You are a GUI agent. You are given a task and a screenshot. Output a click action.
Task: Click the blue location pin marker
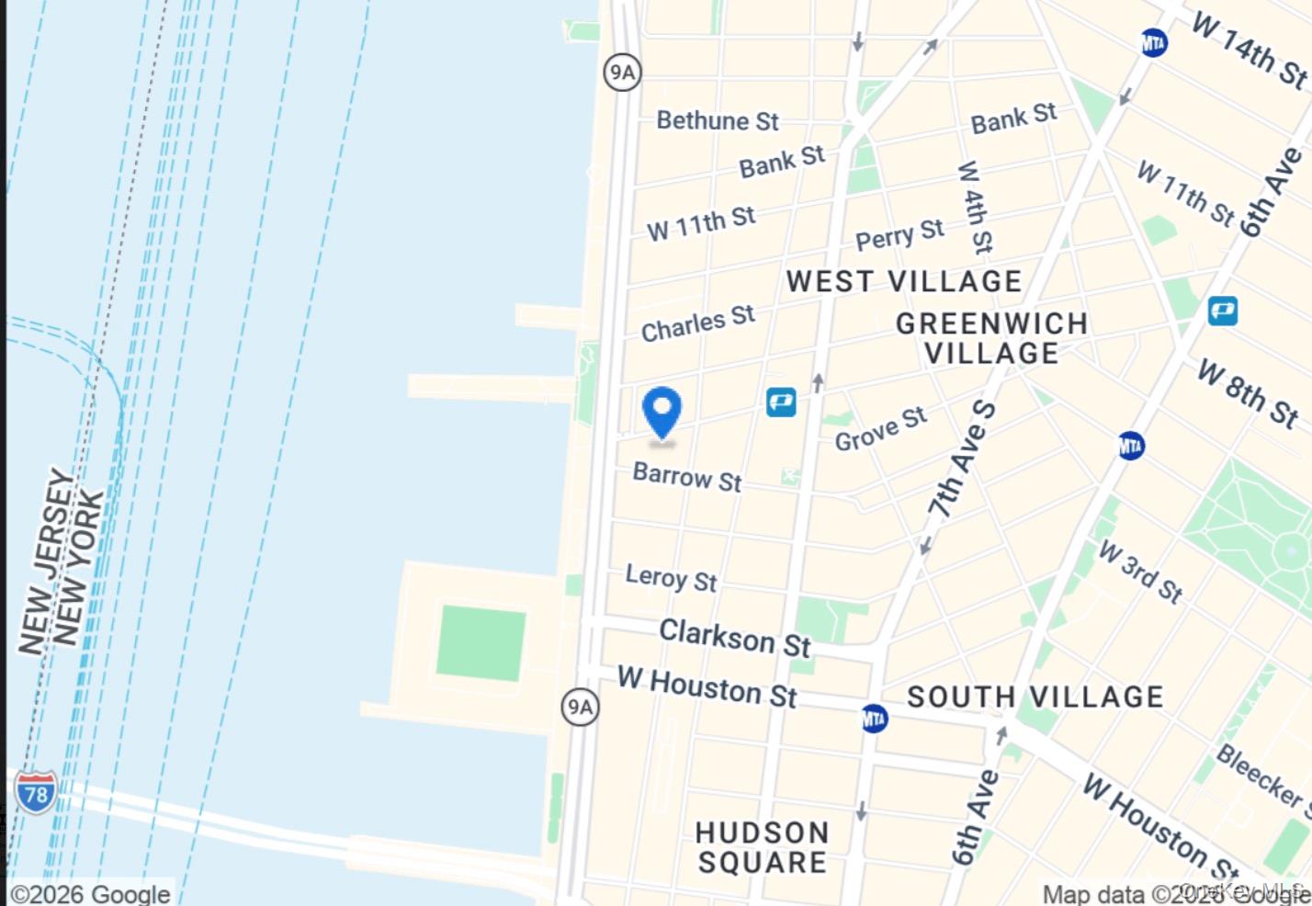[662, 411]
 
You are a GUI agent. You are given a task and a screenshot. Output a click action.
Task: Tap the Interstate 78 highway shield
[35, 792]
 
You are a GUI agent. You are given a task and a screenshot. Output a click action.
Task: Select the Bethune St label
[717, 120]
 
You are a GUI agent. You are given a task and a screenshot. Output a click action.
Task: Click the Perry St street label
[899, 234]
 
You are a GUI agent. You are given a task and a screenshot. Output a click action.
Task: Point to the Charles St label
[697, 323]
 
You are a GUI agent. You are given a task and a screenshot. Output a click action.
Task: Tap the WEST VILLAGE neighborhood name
[904, 281]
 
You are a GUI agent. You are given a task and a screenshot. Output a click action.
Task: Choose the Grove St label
[880, 429]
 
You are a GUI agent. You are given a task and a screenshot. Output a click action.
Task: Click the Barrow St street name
[686, 477]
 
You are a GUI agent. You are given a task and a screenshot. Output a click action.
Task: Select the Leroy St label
[671, 578]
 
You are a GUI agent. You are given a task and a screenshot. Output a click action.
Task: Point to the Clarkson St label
[735, 638]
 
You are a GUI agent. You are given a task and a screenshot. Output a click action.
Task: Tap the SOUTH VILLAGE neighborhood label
[1035, 696]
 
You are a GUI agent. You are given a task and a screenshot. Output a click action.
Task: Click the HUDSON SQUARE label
[762, 847]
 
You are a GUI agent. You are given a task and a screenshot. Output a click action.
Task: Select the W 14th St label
[1250, 50]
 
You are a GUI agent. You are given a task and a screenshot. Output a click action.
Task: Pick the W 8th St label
[1248, 393]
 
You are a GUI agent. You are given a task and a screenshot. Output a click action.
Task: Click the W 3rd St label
[1140, 571]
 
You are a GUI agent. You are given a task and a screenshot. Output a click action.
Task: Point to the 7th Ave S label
[961, 459]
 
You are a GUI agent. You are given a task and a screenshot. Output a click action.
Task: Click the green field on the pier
[481, 642]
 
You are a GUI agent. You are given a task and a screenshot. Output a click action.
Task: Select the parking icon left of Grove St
[781, 402]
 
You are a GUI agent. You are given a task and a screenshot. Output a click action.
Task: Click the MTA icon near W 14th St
[1154, 43]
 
